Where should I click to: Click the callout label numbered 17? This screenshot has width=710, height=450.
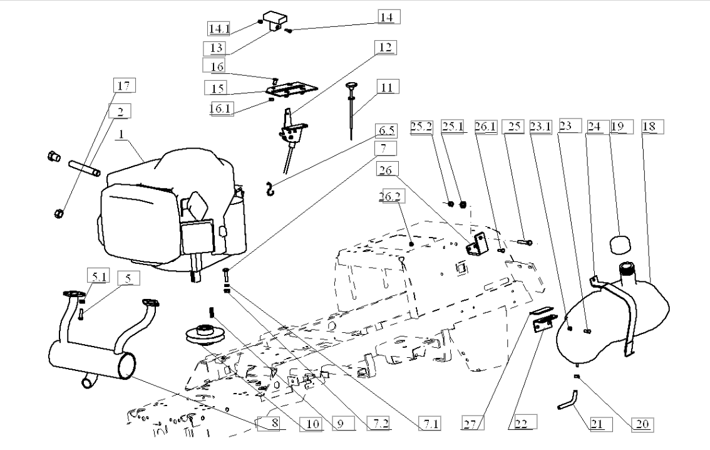click(x=124, y=85)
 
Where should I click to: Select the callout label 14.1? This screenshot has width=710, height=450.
click(x=220, y=29)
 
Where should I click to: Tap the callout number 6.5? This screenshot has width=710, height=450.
click(x=386, y=130)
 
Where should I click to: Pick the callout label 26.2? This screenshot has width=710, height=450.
click(x=392, y=196)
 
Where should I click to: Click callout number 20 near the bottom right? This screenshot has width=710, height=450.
click(x=642, y=424)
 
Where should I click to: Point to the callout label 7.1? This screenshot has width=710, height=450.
click(x=430, y=424)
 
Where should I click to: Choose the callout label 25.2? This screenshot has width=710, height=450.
click(x=421, y=127)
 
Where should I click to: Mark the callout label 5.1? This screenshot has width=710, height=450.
click(x=98, y=276)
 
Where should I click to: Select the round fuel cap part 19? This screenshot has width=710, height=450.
click(x=620, y=244)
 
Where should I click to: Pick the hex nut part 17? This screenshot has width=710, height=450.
click(x=58, y=212)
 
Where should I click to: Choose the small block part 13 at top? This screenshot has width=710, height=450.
click(x=275, y=20)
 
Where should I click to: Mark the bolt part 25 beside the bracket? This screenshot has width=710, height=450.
click(x=524, y=243)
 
